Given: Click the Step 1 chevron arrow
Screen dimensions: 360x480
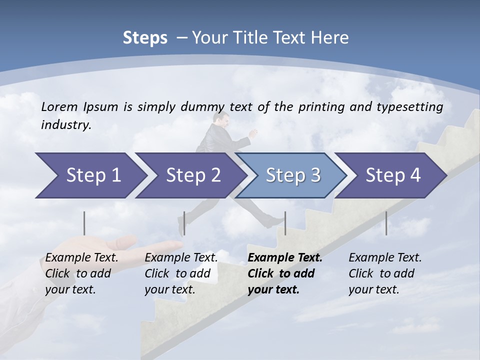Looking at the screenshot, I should [90, 175].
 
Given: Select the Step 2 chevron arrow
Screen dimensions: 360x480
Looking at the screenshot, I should [192, 175].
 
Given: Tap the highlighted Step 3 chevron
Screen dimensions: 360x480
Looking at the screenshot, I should [292, 175].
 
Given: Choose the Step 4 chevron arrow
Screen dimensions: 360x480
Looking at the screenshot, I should [393, 175].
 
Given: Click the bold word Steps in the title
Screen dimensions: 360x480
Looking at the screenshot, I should [145, 38].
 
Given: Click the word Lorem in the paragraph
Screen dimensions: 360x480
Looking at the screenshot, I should [59, 106].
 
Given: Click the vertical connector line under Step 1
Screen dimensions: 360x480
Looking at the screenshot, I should [84, 223].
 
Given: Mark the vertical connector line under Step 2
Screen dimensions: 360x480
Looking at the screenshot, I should [184, 223].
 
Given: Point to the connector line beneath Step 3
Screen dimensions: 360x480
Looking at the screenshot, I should [285, 223].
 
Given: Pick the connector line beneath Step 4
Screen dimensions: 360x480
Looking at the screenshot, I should [386, 223].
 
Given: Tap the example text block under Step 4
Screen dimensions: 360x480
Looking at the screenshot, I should [385, 273].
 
